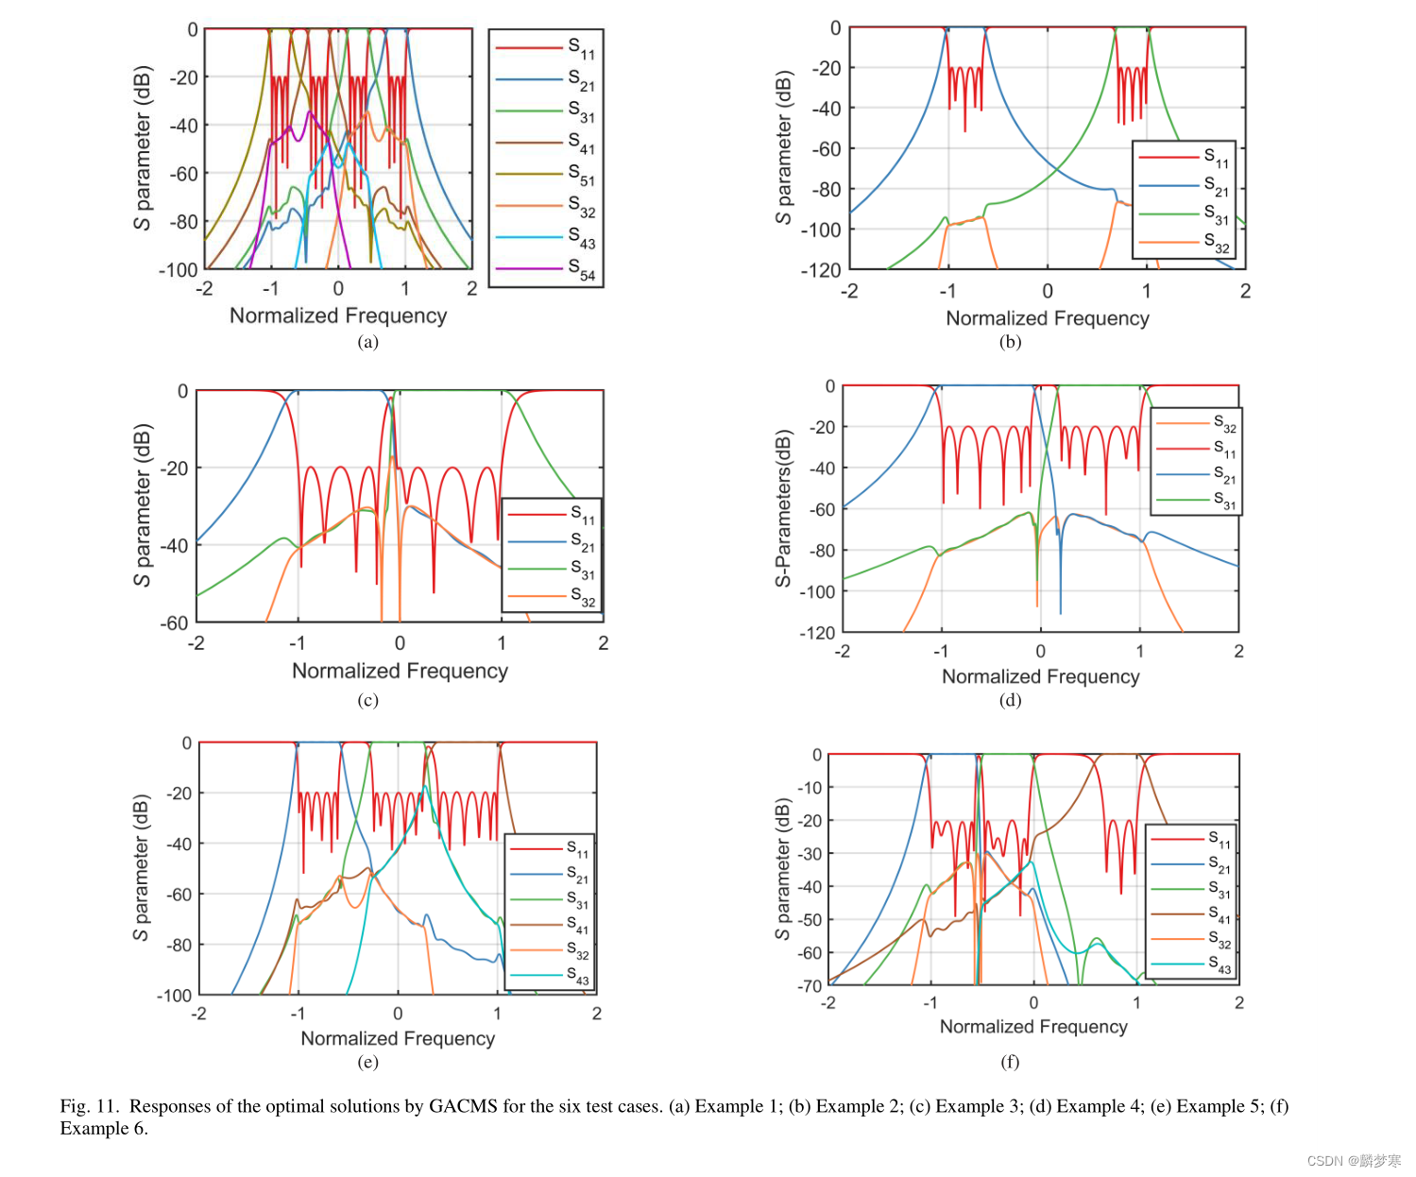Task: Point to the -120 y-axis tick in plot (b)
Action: point(820,270)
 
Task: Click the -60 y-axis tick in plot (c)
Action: point(174,623)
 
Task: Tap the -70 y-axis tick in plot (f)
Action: point(810,986)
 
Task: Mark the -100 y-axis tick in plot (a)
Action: point(179,270)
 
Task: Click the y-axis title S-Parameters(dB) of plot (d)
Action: point(783,508)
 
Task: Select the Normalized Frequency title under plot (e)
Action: point(398,1038)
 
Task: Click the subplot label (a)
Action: point(367,342)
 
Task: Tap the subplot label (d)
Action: point(1010,701)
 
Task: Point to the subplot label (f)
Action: point(1010,1062)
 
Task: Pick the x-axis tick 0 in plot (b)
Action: point(1047,291)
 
